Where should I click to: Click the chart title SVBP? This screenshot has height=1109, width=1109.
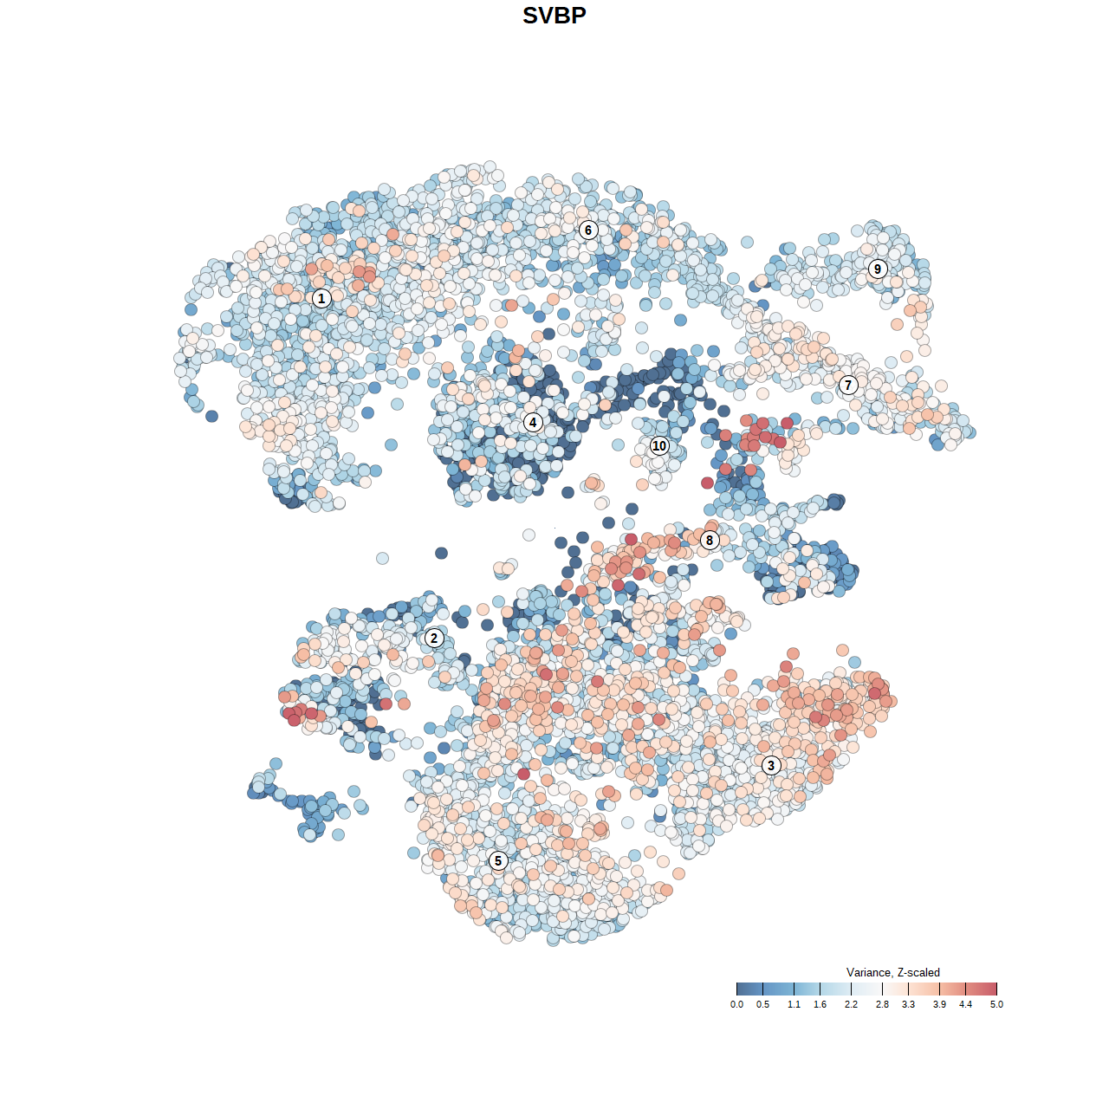554,16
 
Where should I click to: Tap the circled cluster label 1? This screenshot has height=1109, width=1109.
321,298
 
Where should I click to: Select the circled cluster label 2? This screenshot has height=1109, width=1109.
434,639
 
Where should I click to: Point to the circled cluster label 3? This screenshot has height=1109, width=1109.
771,765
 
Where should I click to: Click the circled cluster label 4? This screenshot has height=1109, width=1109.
533,423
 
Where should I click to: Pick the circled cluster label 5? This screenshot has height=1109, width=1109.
497,860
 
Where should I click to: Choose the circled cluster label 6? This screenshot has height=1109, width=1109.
588,230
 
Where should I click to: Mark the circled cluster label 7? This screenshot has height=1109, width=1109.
848,385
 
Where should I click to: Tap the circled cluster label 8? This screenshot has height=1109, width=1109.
710,540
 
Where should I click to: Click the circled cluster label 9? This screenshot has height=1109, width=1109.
878,269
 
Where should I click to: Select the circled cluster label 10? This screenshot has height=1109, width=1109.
659,445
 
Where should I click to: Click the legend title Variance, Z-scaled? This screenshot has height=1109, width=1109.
892,972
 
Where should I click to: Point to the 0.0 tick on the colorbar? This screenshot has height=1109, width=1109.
736,1004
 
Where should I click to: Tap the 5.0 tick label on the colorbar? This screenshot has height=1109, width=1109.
996,1004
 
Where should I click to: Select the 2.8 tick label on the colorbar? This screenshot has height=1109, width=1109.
882,1004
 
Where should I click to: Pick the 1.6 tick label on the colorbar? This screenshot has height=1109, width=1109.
820,1004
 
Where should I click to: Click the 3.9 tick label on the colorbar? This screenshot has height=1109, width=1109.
939,1004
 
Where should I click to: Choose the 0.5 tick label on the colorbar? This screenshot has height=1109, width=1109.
762,1004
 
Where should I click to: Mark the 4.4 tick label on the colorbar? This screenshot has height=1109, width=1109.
965,1004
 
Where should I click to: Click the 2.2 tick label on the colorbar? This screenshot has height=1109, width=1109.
851,1004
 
